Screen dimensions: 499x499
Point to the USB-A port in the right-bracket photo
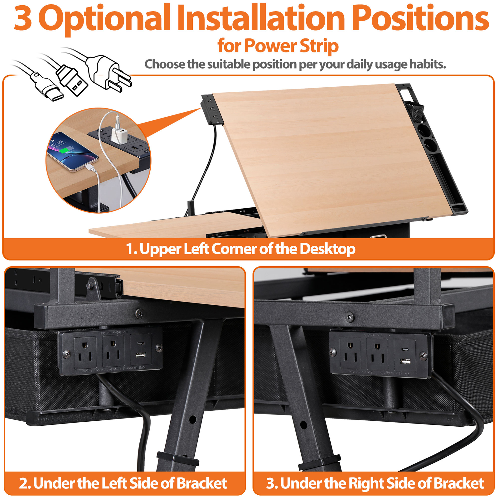(405, 361)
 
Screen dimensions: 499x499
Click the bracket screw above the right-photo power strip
(350, 317)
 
